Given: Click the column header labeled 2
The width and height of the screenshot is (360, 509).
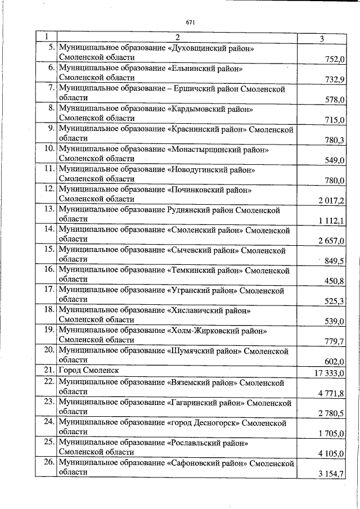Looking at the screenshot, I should click(177, 38).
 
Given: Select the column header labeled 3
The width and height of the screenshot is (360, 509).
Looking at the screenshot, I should click(321, 38).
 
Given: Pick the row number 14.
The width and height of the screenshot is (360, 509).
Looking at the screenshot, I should click(48, 230).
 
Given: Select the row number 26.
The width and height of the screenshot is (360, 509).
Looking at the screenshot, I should click(48, 462).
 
